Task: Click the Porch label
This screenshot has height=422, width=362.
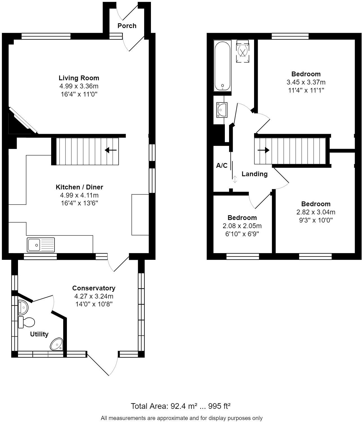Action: click(127, 26)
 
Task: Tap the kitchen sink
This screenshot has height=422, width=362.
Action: click(41, 245)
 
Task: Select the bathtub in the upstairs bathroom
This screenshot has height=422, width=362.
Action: click(222, 66)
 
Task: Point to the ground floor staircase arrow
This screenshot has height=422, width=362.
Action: click(111, 150)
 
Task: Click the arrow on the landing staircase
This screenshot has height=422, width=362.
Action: click(263, 150)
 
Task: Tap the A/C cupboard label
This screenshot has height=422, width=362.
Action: click(221, 166)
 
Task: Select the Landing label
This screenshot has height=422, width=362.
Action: click(254, 174)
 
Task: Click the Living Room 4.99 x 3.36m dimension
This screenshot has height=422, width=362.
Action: click(79, 86)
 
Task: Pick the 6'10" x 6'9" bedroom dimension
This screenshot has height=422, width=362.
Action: click(242, 234)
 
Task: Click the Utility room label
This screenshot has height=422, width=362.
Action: click(39, 334)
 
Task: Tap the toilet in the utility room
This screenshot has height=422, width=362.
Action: click(26, 322)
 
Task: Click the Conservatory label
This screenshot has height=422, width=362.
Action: click(94, 288)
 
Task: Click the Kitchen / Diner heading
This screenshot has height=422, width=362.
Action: click(79, 187)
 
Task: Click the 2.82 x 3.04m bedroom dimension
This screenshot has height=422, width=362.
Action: click(316, 212)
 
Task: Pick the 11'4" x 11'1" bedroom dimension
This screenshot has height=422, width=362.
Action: click(306, 90)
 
